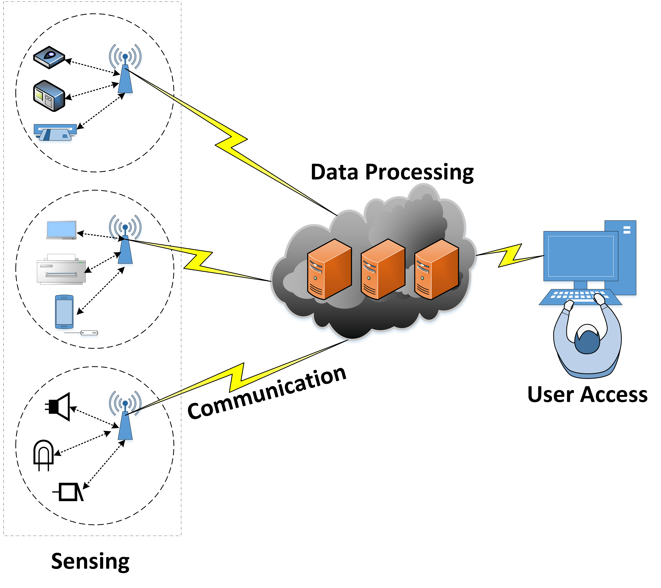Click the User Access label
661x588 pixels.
point(587,395)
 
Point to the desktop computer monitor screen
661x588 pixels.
point(581,256)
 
